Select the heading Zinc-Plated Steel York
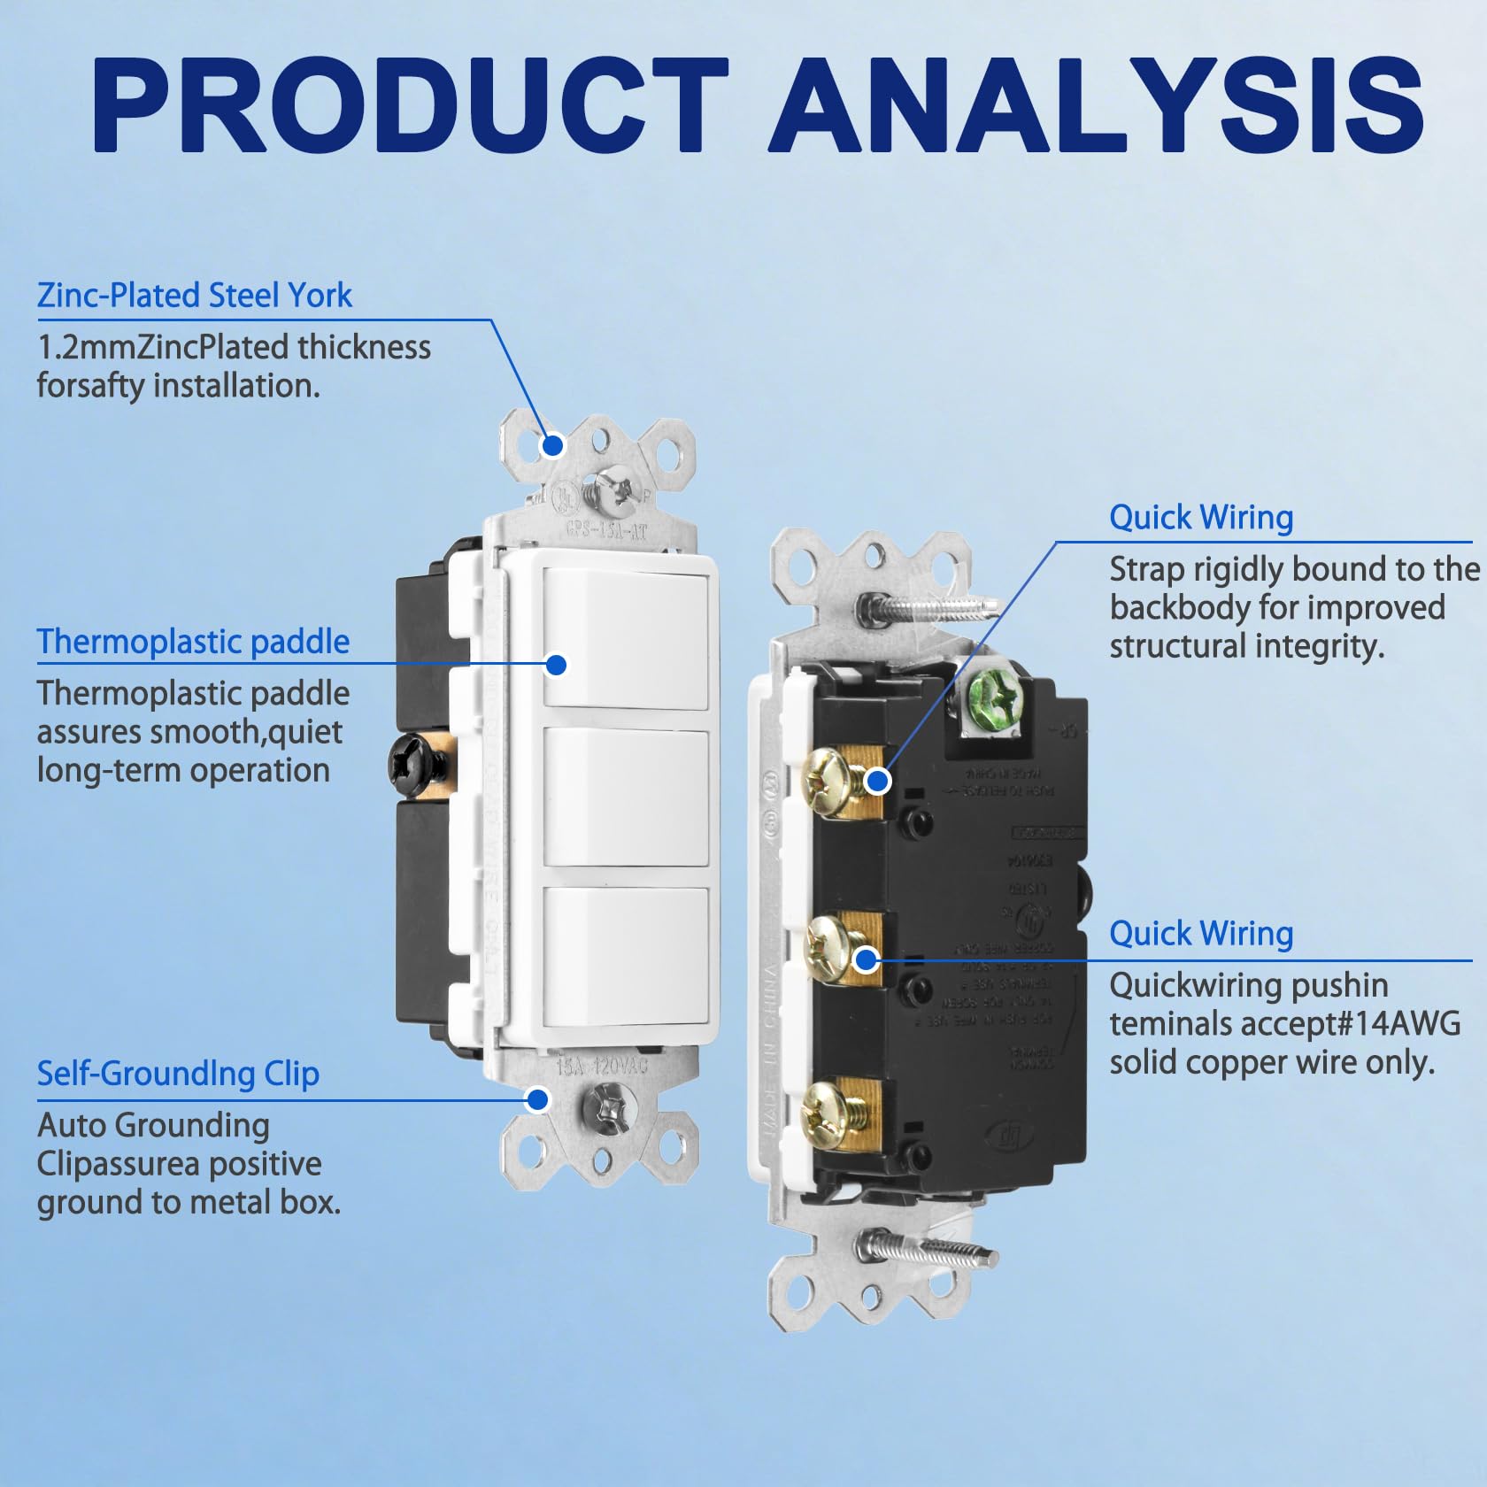[x=194, y=296]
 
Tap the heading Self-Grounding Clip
[x=178, y=1074]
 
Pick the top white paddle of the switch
[x=626, y=638]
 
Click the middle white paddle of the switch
[x=626, y=797]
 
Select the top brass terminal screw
[x=828, y=779]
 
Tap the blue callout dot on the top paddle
[x=556, y=664]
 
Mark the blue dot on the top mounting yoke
[x=552, y=445]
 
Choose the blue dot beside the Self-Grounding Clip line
[x=536, y=1100]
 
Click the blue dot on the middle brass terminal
[x=867, y=959]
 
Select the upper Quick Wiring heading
[x=1201, y=518]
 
